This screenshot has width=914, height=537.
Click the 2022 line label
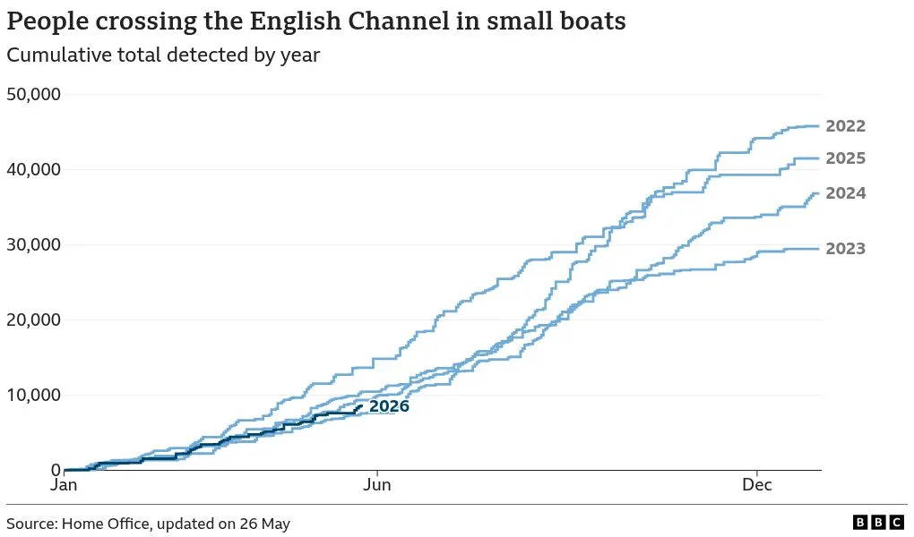(845, 126)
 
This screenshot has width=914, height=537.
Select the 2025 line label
(845, 158)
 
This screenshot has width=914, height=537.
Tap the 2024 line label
(845, 193)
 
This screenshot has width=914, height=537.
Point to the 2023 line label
(845, 249)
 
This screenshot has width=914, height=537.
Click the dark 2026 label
(389, 406)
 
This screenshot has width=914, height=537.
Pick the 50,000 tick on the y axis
(34, 94)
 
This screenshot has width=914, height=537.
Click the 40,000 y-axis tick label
(34, 169)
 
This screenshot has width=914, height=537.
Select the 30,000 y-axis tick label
(34, 244)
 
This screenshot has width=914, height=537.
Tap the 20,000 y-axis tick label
(34, 320)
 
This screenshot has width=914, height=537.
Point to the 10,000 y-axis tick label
(34, 395)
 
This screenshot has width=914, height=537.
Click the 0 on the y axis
(56, 470)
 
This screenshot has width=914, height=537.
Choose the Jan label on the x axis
(64, 485)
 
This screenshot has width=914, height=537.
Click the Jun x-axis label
(377, 485)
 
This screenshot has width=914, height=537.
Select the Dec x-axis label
(757, 485)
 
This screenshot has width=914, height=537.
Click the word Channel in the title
(399, 21)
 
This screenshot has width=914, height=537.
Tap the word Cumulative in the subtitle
(59, 55)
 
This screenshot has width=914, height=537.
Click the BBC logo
(878, 522)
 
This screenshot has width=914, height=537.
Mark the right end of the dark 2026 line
(361, 406)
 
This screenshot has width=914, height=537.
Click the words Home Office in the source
(106, 524)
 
